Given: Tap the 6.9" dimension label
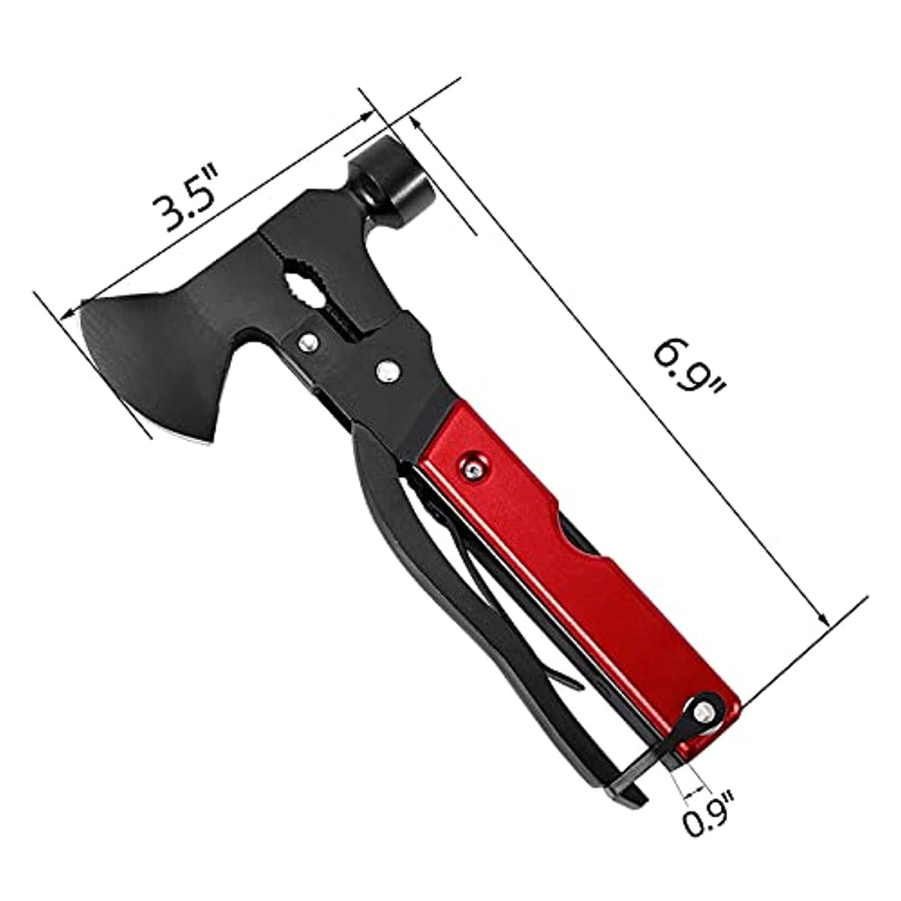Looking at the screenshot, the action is click(688, 367).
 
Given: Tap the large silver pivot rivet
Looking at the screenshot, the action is click(388, 371).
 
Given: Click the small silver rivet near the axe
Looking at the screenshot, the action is click(309, 342).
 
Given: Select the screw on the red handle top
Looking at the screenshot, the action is click(473, 468).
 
